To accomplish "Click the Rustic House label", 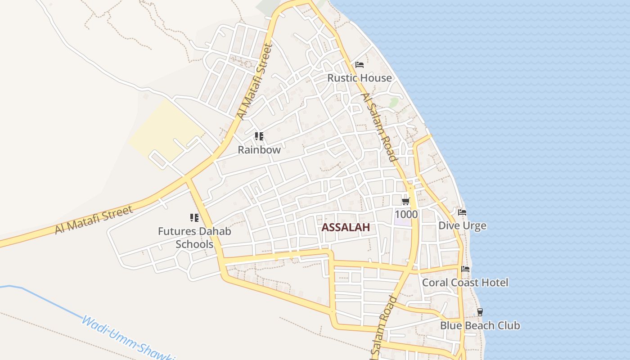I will [360, 78].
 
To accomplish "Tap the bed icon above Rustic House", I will [359, 65].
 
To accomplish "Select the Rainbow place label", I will [259, 150].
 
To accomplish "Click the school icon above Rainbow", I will [259, 136].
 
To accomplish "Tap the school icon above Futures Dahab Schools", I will [194, 218].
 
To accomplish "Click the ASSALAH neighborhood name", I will [346, 227].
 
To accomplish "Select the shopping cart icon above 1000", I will [406, 201].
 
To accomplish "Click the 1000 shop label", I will [406, 214].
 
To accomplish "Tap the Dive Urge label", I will [462, 225].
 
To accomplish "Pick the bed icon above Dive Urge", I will [462, 212].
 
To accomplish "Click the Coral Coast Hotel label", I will [465, 283].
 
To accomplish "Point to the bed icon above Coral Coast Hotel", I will [465, 269].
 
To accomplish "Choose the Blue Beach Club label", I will [480, 325].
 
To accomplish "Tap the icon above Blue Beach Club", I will [480, 312].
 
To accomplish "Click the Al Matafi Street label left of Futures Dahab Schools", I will [94, 220].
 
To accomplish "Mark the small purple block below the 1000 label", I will [403, 222].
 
